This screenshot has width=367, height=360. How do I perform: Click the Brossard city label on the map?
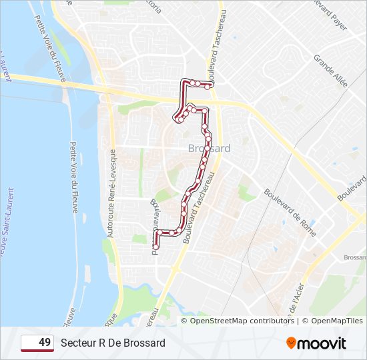pos(209,148)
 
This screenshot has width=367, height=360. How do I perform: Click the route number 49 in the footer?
pos(44,343)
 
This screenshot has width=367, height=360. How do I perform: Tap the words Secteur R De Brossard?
pos(113,343)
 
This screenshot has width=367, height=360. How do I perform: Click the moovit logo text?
pos(322,343)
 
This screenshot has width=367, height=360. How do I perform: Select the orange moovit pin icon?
pos(291,343)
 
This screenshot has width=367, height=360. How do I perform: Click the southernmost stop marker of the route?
pos(155,247)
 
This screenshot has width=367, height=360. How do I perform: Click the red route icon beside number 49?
pos(29,343)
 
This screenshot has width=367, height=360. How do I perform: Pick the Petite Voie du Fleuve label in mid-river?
pos(75,177)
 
